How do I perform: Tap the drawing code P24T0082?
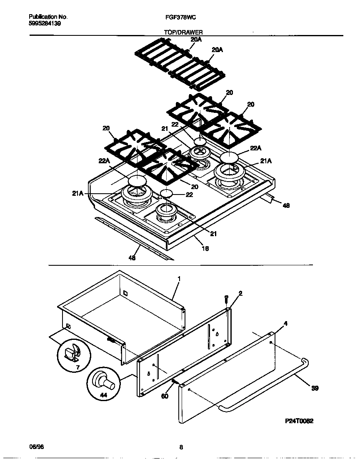tap(299, 421)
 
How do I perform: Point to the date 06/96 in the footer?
tap(37, 447)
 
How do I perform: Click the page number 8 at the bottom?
tap(181, 448)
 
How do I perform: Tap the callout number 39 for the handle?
tap(315, 388)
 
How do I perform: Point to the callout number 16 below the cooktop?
tap(205, 249)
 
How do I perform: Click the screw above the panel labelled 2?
tap(226, 299)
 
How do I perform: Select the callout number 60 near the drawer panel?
tap(165, 396)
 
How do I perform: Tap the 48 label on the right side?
tap(286, 205)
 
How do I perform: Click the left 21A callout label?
tap(78, 193)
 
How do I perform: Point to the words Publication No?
tap(48, 17)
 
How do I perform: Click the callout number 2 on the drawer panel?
tap(240, 293)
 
